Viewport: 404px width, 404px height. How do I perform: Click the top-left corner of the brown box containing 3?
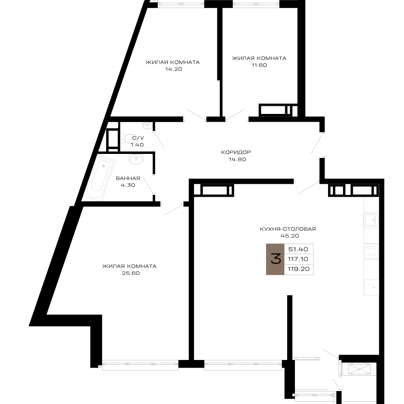point(266,244)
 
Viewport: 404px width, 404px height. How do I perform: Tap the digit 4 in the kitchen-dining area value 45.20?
point(282,236)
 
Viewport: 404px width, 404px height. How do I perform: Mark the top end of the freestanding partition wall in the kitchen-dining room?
point(290,296)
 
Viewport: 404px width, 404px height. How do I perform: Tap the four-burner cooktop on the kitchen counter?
point(371,251)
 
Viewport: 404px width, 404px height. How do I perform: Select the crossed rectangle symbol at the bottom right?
point(359,369)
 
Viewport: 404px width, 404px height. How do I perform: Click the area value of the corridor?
point(237,159)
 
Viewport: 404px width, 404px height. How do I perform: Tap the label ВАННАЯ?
point(128,178)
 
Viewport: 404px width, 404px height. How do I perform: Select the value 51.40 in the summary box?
point(298,249)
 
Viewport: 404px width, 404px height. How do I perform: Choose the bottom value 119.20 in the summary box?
point(299,269)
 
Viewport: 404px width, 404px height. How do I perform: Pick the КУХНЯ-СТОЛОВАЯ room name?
point(288,229)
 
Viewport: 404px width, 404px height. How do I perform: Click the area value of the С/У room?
point(137,145)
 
